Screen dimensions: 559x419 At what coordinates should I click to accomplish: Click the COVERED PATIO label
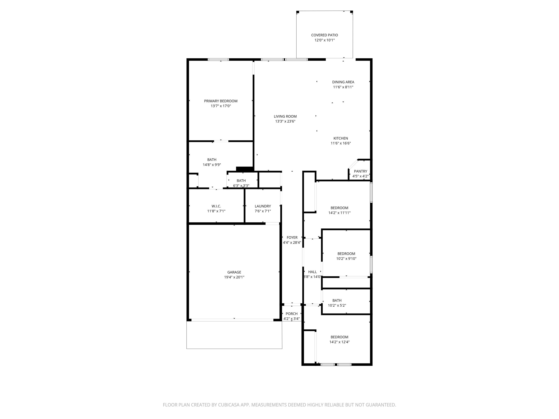pyautogui.click(x=324, y=35)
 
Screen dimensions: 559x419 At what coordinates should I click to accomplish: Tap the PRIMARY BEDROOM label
pyautogui.click(x=221, y=101)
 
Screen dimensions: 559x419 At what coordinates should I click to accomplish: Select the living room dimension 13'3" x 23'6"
pyautogui.click(x=285, y=121)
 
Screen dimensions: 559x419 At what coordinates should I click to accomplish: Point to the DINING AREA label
pyautogui.click(x=343, y=82)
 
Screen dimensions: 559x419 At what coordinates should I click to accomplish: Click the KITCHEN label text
pyautogui.click(x=341, y=138)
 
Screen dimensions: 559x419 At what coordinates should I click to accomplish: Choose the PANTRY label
pyautogui.click(x=360, y=171)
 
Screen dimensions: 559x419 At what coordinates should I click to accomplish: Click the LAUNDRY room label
pyautogui.click(x=263, y=206)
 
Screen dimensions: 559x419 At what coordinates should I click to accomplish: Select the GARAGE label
pyautogui.click(x=234, y=272)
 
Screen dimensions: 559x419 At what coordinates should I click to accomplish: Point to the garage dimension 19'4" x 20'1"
pyautogui.click(x=234, y=277)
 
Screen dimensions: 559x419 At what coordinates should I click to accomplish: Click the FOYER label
pyautogui.click(x=292, y=238)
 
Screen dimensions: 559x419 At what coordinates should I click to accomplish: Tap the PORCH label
pyautogui.click(x=292, y=314)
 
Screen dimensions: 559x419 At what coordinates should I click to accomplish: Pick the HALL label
pyautogui.click(x=312, y=272)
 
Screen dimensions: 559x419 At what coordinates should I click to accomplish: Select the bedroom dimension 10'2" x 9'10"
pyautogui.click(x=346, y=259)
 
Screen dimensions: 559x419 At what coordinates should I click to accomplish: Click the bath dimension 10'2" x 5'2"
pyautogui.click(x=337, y=305)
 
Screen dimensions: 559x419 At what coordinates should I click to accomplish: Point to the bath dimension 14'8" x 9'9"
pyautogui.click(x=212, y=165)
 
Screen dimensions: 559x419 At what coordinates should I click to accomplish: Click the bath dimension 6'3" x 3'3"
pyautogui.click(x=241, y=186)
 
